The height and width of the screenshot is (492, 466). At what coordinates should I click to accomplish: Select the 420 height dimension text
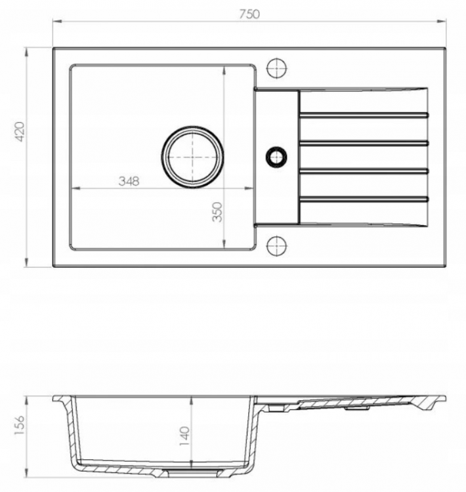click(20, 132)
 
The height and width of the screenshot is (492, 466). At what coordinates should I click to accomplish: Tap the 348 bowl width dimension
click(128, 182)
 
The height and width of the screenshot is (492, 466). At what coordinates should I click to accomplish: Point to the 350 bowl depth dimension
click(218, 211)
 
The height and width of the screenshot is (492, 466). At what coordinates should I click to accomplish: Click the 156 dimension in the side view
click(19, 427)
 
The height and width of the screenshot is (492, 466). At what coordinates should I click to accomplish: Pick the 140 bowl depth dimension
click(184, 435)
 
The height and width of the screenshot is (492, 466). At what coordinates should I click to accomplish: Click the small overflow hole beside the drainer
click(276, 157)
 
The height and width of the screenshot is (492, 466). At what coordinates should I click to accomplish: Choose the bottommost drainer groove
click(364, 198)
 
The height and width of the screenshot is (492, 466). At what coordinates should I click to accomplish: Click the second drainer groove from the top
click(364, 143)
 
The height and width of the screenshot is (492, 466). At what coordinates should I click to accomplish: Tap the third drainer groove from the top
click(364, 171)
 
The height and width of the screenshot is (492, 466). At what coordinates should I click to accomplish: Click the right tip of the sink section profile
click(444, 398)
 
